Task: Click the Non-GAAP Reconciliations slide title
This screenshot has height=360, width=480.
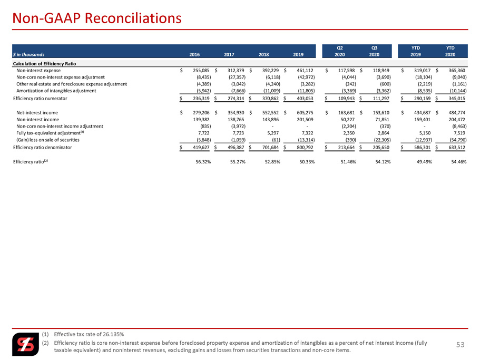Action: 97,18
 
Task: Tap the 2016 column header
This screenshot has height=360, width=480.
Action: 194,54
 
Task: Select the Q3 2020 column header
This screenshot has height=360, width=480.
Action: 374,51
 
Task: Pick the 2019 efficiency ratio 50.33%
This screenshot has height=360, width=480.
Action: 307,162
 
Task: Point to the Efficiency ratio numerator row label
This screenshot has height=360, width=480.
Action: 40,98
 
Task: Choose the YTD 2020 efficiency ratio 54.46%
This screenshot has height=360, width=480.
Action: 459,162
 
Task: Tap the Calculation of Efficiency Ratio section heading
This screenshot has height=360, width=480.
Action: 44,64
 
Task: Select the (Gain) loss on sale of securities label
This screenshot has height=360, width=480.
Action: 48,140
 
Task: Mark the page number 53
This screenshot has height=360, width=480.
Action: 461,345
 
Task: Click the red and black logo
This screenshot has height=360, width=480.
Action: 26,344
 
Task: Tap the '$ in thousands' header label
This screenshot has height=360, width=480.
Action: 29,54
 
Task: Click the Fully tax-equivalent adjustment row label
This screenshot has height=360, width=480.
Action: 50,133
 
